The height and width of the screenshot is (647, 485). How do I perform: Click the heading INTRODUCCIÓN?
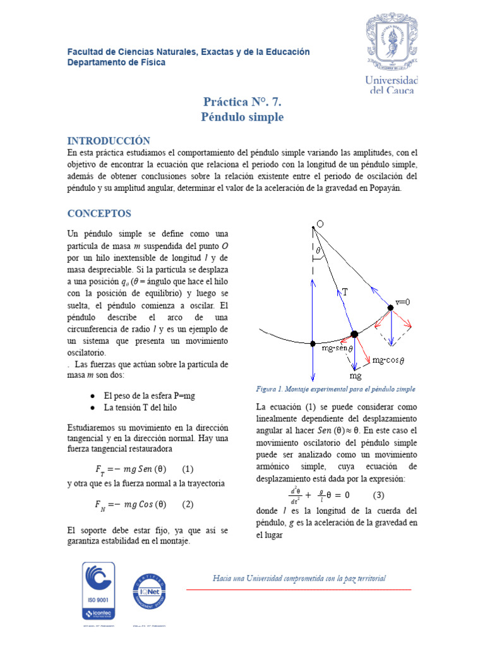tap(109, 140)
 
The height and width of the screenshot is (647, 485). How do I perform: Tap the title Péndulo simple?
tap(242, 117)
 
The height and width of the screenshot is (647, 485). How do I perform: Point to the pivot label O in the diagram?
tap(320, 224)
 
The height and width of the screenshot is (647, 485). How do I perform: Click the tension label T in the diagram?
tap(345, 291)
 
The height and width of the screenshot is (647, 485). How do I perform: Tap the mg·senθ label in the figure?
tap(335, 348)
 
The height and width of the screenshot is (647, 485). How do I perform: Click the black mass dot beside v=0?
tap(390, 308)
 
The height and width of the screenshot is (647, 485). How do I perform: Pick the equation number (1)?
tap(187, 469)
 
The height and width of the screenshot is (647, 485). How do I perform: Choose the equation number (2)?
tap(187, 504)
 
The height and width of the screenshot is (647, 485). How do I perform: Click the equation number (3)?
tap(379, 495)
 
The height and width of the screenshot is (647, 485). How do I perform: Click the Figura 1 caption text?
tap(335, 389)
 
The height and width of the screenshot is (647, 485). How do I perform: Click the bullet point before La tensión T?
tap(93, 408)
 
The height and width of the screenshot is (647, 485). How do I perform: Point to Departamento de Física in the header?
tap(116, 63)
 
